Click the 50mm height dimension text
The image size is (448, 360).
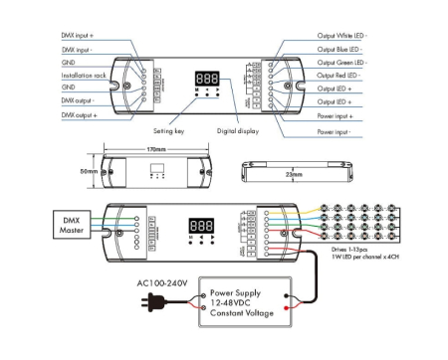[x=89, y=172]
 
